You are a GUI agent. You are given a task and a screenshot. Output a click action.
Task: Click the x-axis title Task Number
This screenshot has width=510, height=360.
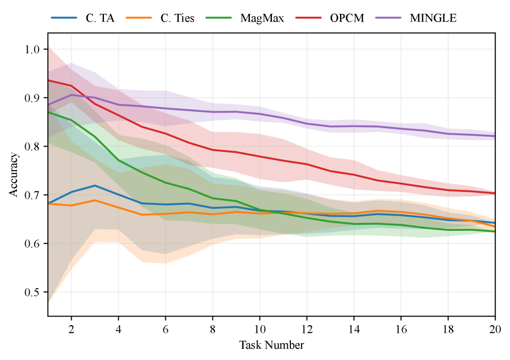[271, 345]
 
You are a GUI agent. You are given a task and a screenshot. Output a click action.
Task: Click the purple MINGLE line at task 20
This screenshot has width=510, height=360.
[494, 136]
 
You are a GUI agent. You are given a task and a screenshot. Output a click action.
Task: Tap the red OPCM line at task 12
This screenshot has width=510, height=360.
[306, 164]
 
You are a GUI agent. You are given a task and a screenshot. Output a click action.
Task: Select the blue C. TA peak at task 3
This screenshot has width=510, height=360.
[94, 185]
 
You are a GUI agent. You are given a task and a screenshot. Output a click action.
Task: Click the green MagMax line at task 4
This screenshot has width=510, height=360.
[118, 160]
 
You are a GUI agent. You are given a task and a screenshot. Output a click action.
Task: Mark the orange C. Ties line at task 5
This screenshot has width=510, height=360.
[141, 215]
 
